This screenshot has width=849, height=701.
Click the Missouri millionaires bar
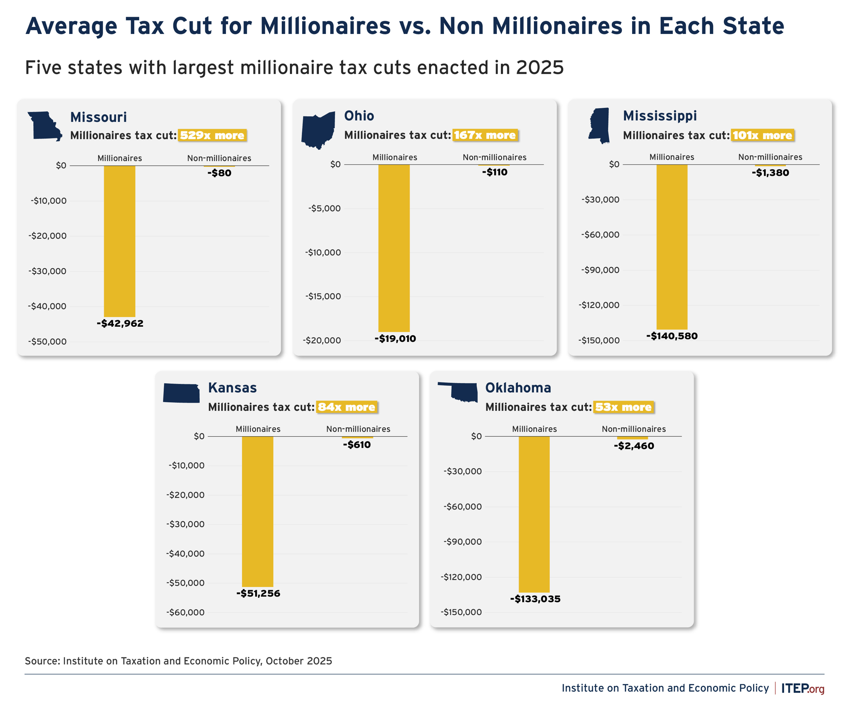coord(120,241)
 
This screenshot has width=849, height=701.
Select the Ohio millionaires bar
coord(394,248)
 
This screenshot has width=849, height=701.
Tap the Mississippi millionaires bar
coord(672,247)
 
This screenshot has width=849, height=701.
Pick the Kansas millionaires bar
coord(258,511)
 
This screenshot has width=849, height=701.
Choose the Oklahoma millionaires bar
coord(534,514)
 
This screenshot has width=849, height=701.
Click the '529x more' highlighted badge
coord(212,135)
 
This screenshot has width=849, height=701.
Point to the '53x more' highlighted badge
coord(623,407)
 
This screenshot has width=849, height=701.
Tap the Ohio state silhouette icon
coord(318,130)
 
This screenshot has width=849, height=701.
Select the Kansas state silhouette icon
coord(182,393)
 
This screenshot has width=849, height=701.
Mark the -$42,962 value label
coord(120,323)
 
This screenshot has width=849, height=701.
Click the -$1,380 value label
coord(770,173)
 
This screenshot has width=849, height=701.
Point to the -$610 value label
coord(357,445)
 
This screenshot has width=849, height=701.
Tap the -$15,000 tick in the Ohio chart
coord(323,296)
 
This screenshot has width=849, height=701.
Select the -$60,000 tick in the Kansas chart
coord(186,612)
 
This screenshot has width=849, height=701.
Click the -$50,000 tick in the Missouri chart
coord(48,342)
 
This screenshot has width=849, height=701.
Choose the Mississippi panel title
coord(660,115)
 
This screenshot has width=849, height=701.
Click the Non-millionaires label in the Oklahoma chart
coord(634,429)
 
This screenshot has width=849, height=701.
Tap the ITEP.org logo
coord(803,688)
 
